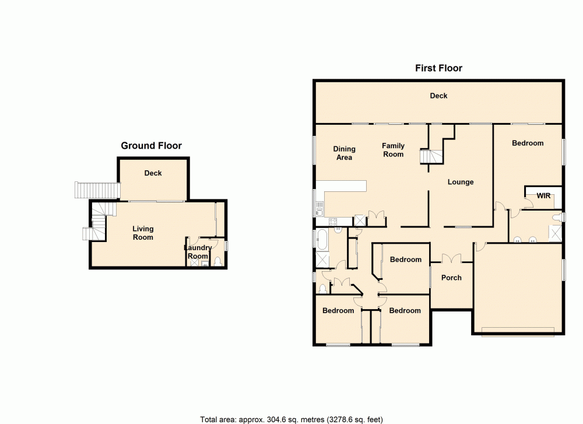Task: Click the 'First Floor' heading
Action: (x=438, y=68)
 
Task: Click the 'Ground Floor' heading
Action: (x=151, y=146)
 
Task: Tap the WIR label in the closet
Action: (x=543, y=195)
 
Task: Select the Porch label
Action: (x=451, y=278)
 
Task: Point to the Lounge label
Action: (x=461, y=182)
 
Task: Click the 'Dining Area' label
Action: (x=344, y=153)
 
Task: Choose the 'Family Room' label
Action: (x=393, y=150)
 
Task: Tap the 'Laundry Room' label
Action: (x=198, y=252)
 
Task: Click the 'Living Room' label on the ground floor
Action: (x=143, y=233)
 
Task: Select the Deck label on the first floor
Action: (x=438, y=96)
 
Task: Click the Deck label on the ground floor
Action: (x=153, y=173)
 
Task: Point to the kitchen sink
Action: (x=319, y=205)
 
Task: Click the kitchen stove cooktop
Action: (x=333, y=221)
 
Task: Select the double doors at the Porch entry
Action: (x=451, y=258)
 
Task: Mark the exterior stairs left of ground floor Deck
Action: (x=97, y=190)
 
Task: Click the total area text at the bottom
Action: (x=291, y=419)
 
